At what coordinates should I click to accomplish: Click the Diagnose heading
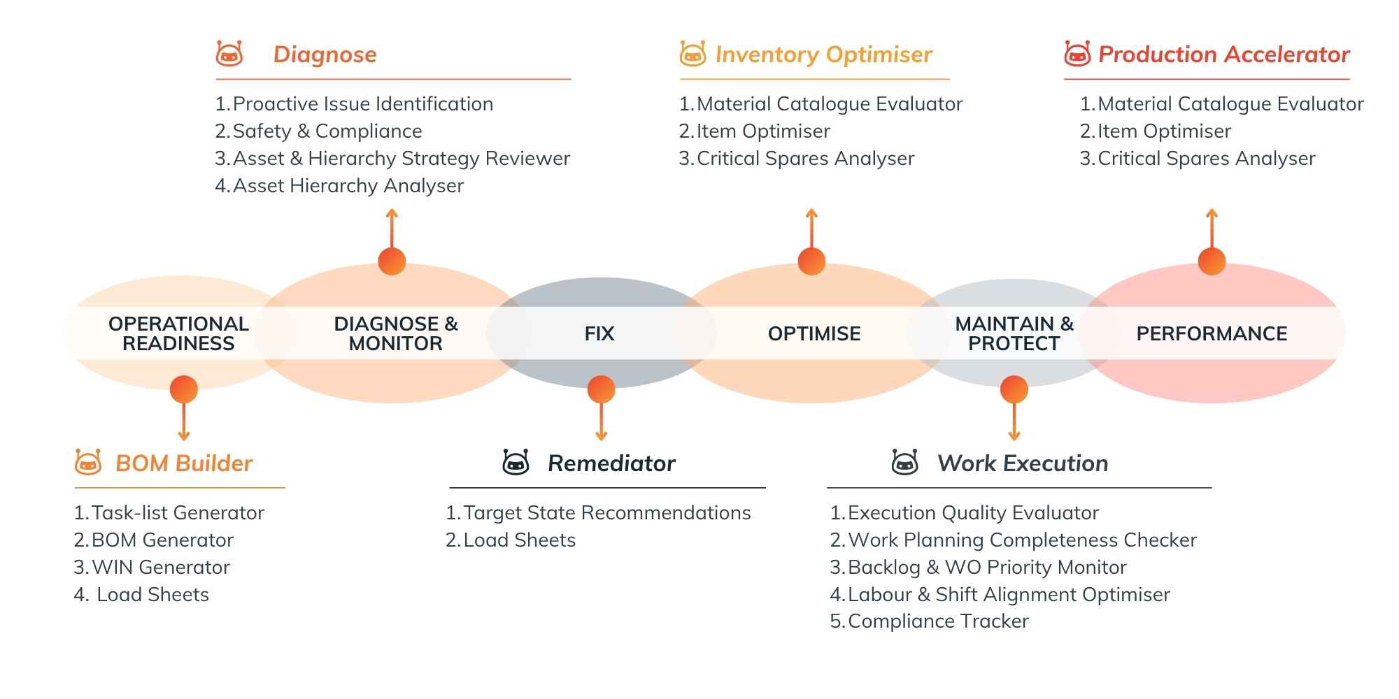(x=325, y=55)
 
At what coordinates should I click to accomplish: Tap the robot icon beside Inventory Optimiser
(x=693, y=54)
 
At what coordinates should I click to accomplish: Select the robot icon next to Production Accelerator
(x=1077, y=54)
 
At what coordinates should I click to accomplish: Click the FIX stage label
(x=599, y=333)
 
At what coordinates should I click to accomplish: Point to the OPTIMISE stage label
(x=814, y=333)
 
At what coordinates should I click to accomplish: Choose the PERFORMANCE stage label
(x=1212, y=333)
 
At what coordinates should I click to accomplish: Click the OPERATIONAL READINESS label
(x=178, y=333)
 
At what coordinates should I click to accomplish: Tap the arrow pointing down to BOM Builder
(x=184, y=423)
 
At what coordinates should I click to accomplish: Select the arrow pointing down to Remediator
(x=601, y=423)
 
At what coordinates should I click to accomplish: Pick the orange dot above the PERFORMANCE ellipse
(x=1212, y=261)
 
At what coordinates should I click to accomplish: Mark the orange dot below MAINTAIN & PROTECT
(x=1014, y=389)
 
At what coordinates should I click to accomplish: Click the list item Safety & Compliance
(x=327, y=131)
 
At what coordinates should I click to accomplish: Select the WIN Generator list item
(x=160, y=568)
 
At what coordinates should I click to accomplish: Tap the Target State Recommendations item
(x=606, y=513)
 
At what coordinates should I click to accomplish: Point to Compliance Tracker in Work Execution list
(x=937, y=621)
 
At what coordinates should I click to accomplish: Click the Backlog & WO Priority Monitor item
(x=986, y=568)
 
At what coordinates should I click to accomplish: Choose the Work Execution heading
(x=1023, y=463)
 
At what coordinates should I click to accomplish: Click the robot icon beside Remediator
(x=516, y=463)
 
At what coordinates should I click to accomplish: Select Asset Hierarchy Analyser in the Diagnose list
(x=348, y=186)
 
